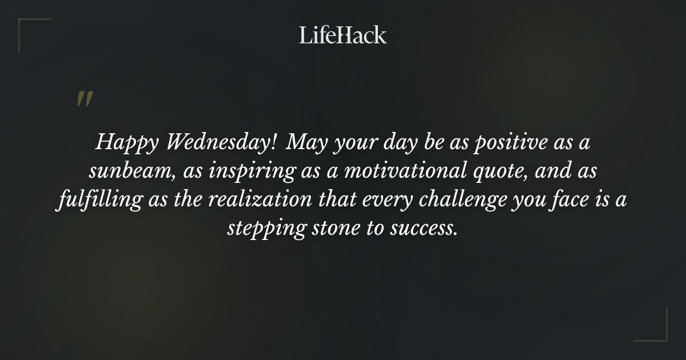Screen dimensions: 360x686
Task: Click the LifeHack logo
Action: click(343, 35)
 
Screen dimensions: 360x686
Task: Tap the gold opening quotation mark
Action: click(84, 99)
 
